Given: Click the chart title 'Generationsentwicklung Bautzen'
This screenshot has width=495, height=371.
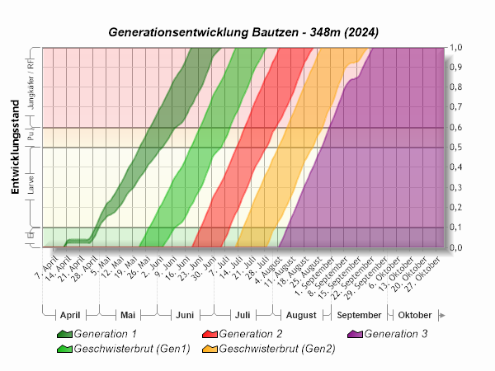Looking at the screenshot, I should point(244,31).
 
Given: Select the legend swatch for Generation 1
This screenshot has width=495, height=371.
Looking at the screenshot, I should point(64,335).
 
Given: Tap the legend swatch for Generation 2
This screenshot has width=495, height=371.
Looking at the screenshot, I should point(210,335).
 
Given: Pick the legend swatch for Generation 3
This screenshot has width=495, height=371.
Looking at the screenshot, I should point(355,335).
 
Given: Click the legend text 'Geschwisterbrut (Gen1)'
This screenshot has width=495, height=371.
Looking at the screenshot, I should point(132,349).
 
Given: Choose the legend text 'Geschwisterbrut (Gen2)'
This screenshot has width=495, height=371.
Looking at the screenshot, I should point(277,349).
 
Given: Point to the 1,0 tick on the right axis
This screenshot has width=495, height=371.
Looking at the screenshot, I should point(455,48).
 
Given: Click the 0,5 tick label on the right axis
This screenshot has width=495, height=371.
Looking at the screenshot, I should point(455,148).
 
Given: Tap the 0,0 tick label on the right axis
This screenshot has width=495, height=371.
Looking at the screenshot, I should point(455,247).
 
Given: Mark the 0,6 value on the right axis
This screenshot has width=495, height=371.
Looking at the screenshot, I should point(455,128).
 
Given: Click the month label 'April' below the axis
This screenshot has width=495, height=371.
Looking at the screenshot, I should point(70,316).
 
